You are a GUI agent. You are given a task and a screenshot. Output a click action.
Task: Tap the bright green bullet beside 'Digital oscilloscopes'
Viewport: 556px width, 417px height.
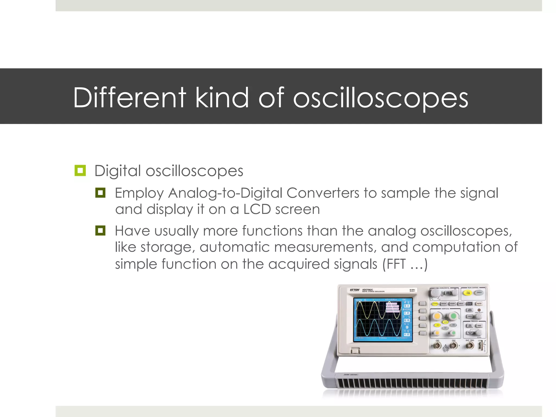pyautogui.click(x=80, y=170)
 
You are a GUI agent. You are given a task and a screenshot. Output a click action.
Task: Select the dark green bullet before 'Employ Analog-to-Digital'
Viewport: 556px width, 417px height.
pyautogui.click(x=100, y=193)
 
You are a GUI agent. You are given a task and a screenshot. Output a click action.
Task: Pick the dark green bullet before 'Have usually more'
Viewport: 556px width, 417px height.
pyautogui.click(x=100, y=230)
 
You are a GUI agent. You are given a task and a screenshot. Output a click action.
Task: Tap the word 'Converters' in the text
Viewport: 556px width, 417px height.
pyautogui.click(x=323, y=193)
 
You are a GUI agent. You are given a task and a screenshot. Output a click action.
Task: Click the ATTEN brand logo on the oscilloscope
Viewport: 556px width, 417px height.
pyautogui.click(x=355, y=290)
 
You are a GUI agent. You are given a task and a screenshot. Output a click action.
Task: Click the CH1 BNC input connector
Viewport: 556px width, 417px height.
pyautogui.click(x=437, y=346)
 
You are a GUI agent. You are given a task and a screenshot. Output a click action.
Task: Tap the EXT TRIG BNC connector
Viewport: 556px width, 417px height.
pyautogui.click(x=470, y=345)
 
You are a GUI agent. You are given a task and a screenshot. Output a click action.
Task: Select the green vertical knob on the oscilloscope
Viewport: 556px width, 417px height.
pyautogui.click(x=453, y=316)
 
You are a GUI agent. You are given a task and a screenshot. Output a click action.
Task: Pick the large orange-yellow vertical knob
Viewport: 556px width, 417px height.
pyautogui.click(x=437, y=316)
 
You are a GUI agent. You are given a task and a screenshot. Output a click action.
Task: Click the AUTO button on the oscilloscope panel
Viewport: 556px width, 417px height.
pyautogui.click(x=479, y=304)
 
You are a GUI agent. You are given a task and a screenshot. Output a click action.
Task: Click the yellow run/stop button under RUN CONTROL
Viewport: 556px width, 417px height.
pyautogui.click(x=468, y=293)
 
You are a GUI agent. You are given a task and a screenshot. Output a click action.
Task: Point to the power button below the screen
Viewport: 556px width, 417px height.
pyautogui.click(x=355, y=351)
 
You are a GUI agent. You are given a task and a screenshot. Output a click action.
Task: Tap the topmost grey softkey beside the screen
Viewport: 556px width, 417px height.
pyautogui.click(x=422, y=304)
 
